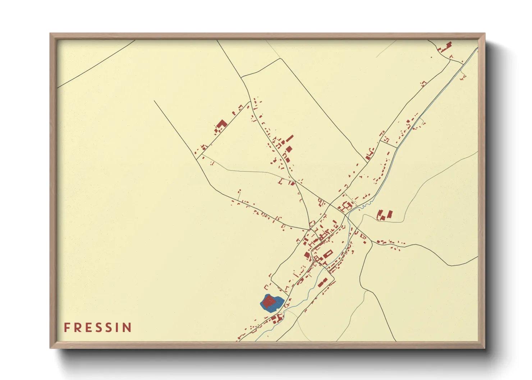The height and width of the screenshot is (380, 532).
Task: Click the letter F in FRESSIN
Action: (x=67, y=328)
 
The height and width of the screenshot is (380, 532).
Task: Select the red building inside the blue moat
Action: (x=269, y=302)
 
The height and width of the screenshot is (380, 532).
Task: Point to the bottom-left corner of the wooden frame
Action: (x=51, y=347)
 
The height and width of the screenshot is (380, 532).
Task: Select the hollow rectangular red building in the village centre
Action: (x=348, y=206)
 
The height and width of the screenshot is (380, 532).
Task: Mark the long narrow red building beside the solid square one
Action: (x=290, y=139)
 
